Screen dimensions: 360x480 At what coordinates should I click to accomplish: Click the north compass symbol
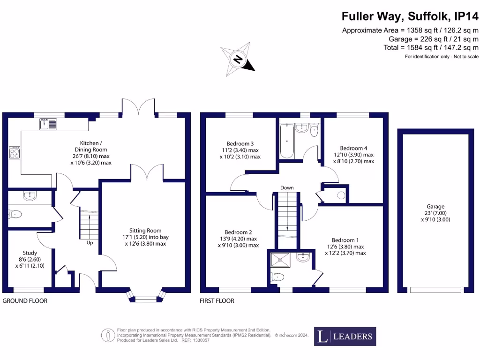tap(239, 59)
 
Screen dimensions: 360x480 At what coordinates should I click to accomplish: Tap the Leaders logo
tap(345, 336)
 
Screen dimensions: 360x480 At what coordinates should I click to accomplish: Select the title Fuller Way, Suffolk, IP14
tap(410, 16)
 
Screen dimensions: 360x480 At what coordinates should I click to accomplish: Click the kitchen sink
tap(48, 124)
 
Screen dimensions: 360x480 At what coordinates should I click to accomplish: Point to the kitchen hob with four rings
tap(15, 153)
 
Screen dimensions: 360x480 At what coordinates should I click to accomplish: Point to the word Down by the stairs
tap(287, 188)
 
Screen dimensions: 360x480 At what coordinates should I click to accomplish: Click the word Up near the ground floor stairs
tap(90, 243)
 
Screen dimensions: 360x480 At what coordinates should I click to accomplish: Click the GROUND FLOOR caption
tap(25, 301)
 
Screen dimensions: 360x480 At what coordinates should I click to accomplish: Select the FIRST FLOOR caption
tap(217, 301)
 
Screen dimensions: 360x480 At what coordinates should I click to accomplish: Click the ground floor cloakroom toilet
tap(15, 214)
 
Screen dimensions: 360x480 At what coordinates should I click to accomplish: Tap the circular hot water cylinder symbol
tap(341, 194)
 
